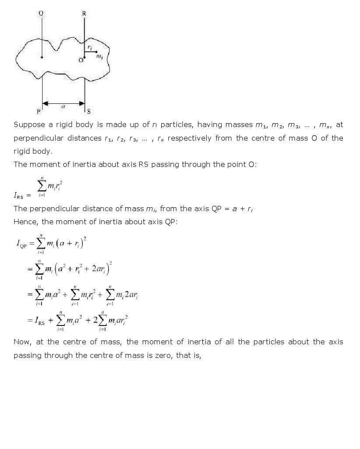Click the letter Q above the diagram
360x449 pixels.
tap(41, 14)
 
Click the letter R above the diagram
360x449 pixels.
tap(84, 14)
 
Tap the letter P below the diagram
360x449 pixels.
tap(39, 112)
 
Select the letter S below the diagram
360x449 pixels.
tap(88, 111)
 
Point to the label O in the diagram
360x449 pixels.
tap(81, 60)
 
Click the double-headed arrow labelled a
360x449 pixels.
tap(64, 104)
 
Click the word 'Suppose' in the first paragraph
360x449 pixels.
tap(27, 125)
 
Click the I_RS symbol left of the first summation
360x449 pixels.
tap(20, 196)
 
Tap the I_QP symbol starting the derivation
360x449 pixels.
tap(21, 245)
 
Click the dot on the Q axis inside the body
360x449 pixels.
tap(42, 57)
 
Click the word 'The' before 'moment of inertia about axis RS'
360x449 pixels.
tap(20, 165)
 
